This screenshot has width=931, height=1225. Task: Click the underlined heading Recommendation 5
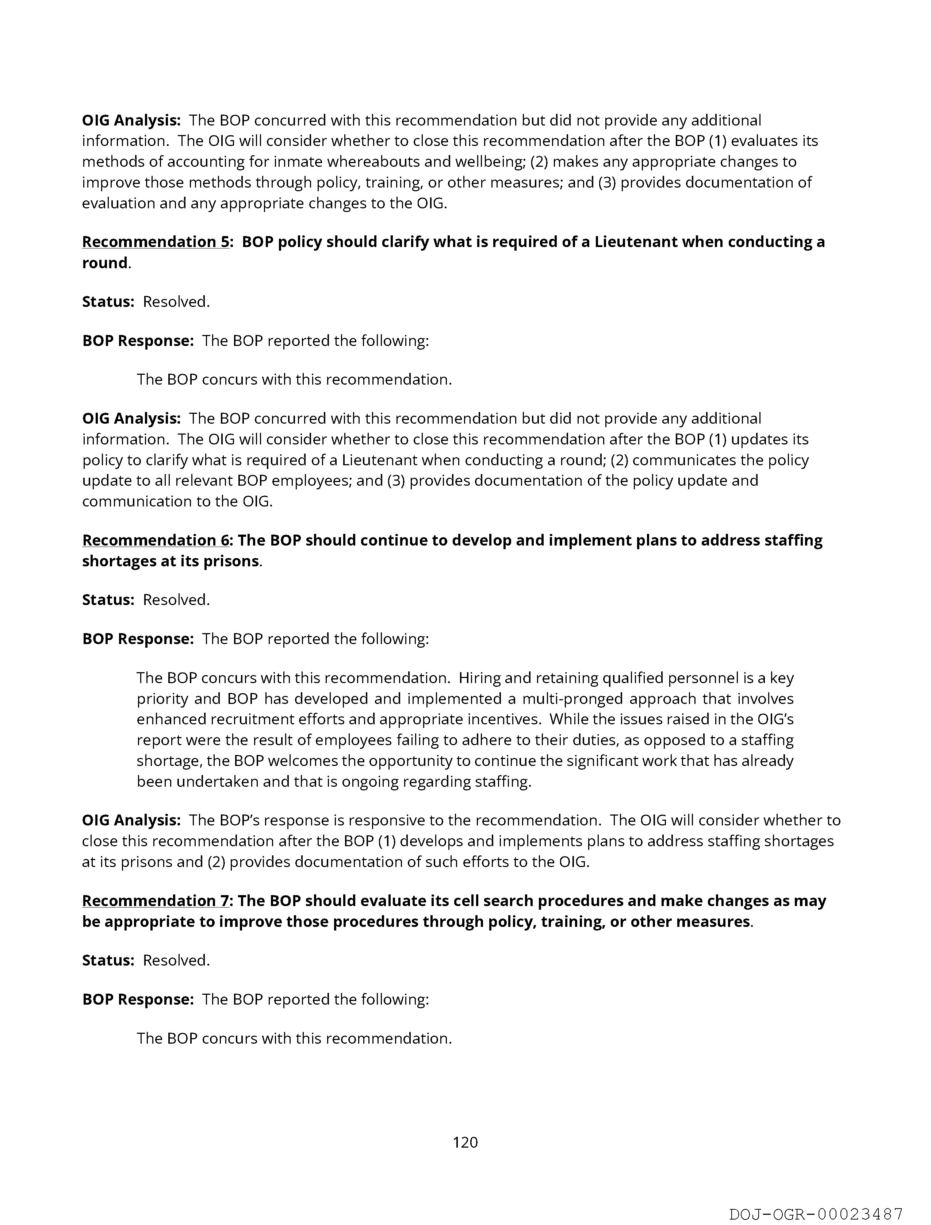click(155, 242)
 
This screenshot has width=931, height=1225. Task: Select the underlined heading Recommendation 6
click(155, 540)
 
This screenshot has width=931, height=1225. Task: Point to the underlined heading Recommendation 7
click(155, 901)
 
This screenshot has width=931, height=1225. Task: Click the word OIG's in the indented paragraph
click(775, 719)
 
